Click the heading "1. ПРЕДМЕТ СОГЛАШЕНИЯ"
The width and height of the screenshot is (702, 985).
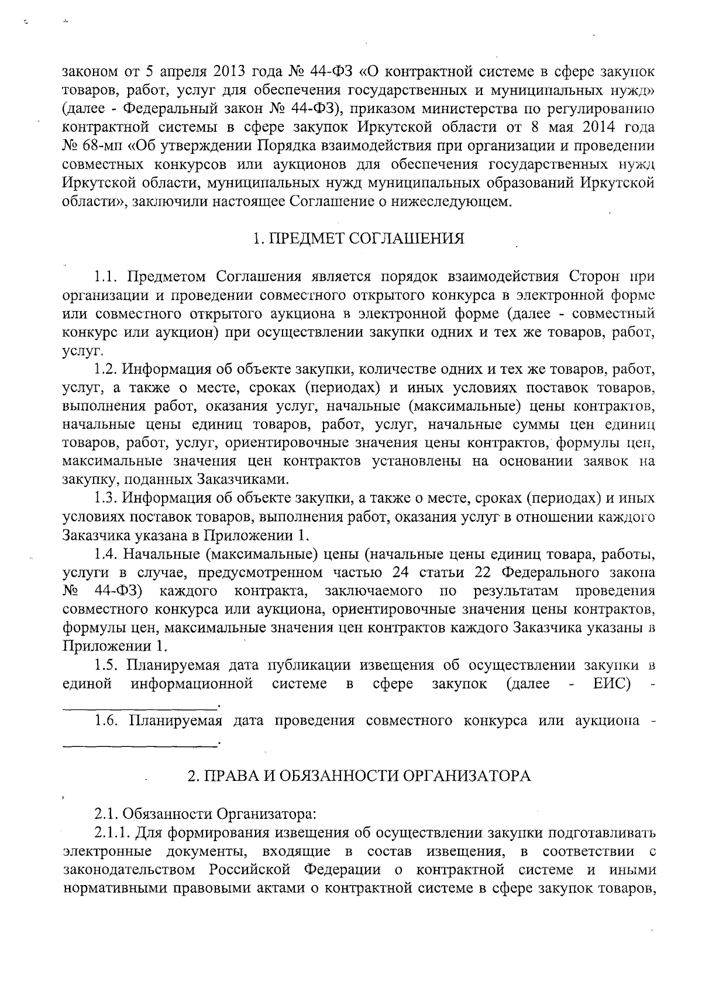coord(359,239)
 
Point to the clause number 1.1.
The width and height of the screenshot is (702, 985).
coord(107,277)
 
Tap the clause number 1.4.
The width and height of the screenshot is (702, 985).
coord(107,553)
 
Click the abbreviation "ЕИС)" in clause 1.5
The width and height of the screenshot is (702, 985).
coord(614,684)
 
